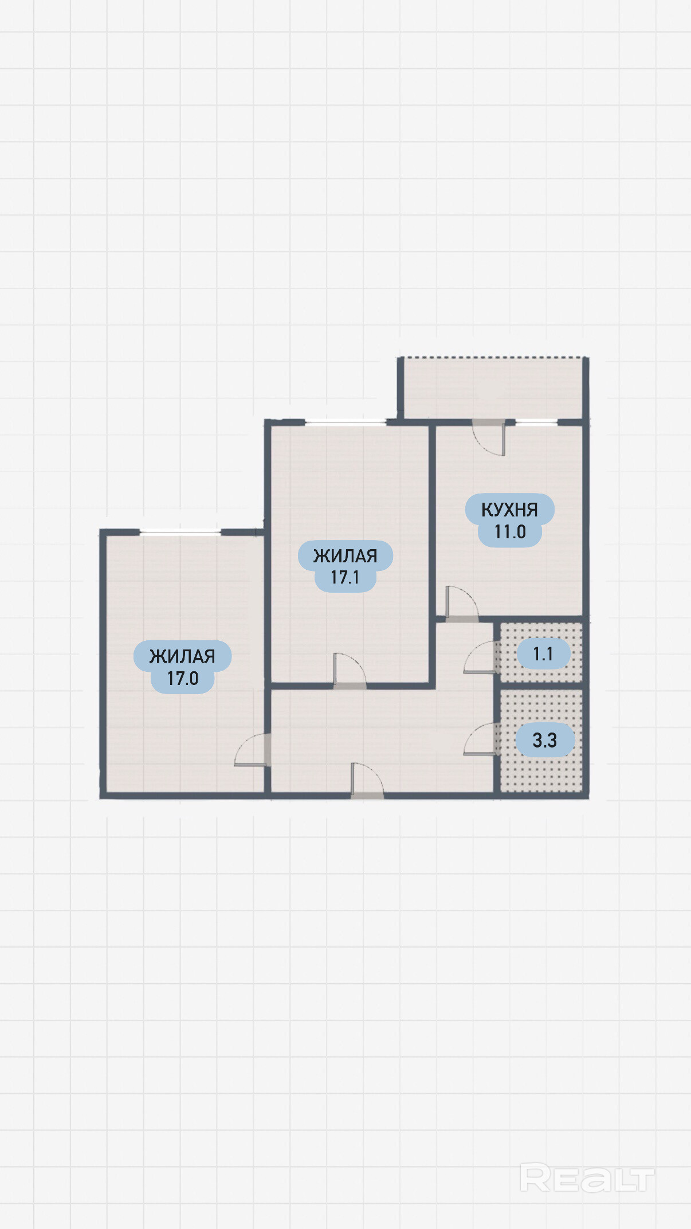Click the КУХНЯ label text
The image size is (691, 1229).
tap(509, 510)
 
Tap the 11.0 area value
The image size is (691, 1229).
tap(510, 532)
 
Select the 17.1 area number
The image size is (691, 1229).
tap(345, 577)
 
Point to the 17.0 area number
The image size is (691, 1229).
tap(182, 678)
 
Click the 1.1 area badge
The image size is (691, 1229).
tap(543, 654)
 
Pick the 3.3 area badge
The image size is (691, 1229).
tap(545, 740)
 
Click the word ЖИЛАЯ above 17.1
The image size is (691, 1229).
tap(345, 555)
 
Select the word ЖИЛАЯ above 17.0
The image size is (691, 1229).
tap(182, 656)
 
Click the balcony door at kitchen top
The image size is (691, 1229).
tap(489, 437)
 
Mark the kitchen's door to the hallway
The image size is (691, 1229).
tap(462, 604)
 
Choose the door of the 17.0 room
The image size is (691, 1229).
tap(253, 749)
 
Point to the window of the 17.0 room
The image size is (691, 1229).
tap(180, 533)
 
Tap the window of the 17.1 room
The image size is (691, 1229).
tap(345, 422)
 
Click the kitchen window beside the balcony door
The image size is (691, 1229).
tap(536, 422)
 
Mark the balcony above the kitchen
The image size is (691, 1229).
tap(493, 389)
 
